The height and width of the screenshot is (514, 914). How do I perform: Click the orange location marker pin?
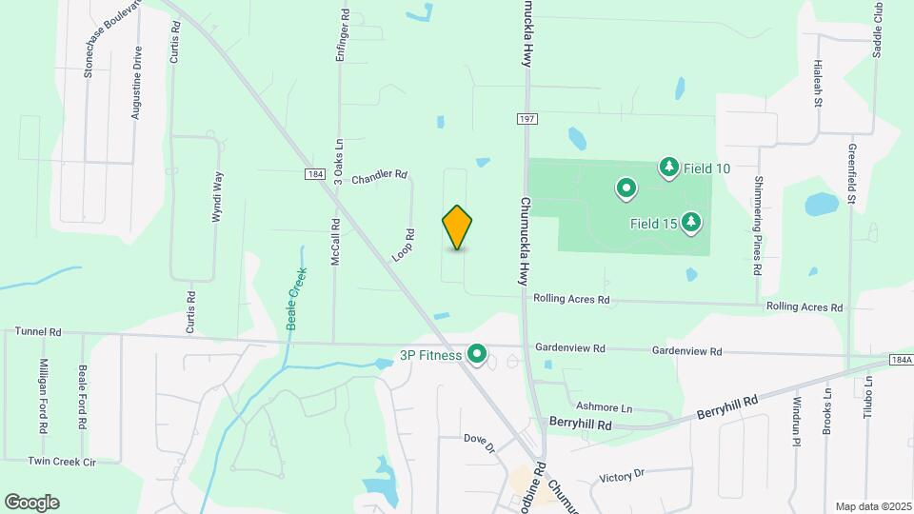pos(458,227)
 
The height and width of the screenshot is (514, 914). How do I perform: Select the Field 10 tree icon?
pos(669,168)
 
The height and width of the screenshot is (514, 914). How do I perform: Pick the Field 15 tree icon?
pos(692,223)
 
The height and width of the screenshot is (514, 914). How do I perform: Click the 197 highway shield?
pos(527,118)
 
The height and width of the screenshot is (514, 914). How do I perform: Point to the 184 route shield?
pos(316,175)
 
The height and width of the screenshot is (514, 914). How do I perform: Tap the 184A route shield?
pos(902,360)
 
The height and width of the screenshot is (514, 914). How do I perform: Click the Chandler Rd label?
pos(379,177)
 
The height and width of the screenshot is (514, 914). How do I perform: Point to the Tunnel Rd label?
pos(38,332)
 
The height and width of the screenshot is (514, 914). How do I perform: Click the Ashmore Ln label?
pos(605,406)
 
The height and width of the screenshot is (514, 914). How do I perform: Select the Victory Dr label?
pos(623,474)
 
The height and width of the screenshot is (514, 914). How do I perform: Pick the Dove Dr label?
pos(480,443)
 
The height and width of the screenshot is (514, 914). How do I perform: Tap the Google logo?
pos(31,503)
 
